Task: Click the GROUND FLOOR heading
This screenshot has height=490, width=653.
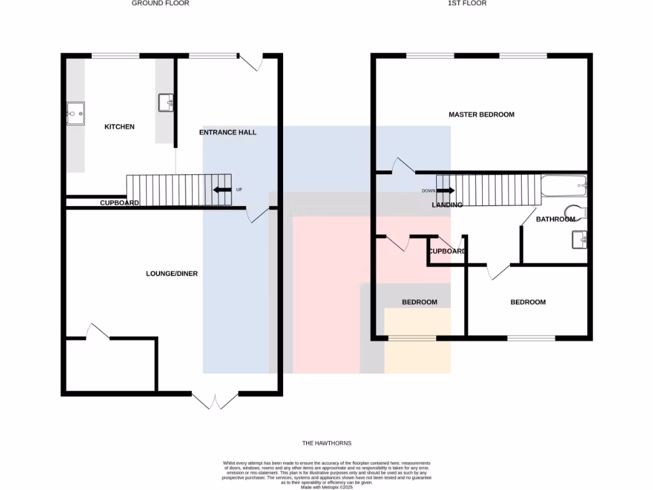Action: [160, 3]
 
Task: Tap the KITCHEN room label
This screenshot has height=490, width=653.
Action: [119, 127]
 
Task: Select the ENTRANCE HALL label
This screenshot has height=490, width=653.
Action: [228, 133]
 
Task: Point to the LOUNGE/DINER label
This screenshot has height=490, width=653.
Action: [172, 274]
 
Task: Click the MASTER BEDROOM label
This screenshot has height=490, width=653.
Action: [481, 115]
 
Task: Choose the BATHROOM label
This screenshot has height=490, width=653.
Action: [555, 219]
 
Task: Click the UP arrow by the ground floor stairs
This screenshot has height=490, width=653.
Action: [223, 189]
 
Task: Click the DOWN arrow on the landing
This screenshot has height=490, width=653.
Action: [445, 190]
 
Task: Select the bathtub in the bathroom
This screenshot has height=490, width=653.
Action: [563, 186]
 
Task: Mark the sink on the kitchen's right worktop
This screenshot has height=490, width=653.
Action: [166, 101]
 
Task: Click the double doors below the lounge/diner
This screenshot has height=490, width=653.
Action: [215, 401]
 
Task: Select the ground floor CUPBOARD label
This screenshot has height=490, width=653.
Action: [119, 203]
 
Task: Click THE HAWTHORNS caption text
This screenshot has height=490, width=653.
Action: [326, 443]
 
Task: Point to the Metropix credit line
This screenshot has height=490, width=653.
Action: [326, 488]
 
